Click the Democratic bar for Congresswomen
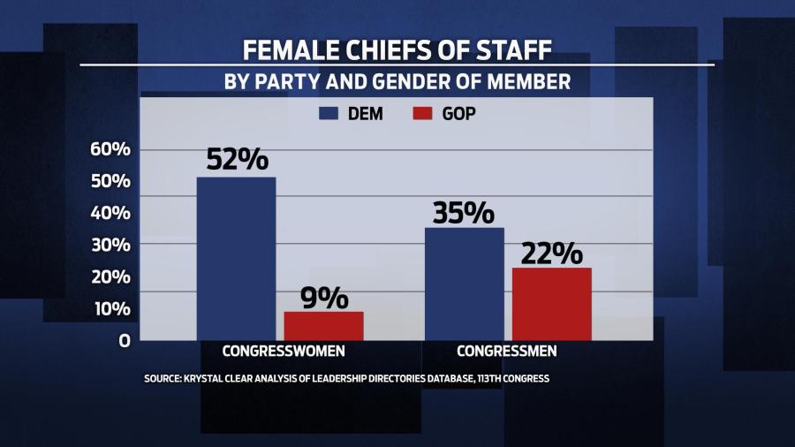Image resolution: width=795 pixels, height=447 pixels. pyautogui.click(x=236, y=258)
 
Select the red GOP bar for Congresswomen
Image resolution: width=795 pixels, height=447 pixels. pyautogui.click(x=323, y=326)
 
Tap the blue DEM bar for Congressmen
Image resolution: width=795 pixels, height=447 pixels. pyautogui.click(x=464, y=284)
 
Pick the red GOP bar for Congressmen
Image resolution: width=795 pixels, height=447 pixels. pyautogui.click(x=552, y=304)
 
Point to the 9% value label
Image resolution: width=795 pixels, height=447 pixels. pyautogui.click(x=323, y=298)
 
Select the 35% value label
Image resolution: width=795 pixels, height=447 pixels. pyautogui.click(x=464, y=212)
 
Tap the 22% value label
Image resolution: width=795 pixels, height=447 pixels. pyautogui.click(x=552, y=253)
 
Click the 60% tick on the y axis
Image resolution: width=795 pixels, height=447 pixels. pyautogui.click(x=110, y=149)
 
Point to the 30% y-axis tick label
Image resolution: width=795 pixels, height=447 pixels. pyautogui.click(x=110, y=245)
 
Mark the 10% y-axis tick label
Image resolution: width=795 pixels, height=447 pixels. pyautogui.click(x=110, y=308)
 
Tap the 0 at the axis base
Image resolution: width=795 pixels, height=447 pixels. pyautogui.click(x=125, y=340)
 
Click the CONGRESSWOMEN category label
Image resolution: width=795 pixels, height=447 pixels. pyautogui.click(x=284, y=351)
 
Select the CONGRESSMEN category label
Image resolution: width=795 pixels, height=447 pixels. pyautogui.click(x=506, y=351)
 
